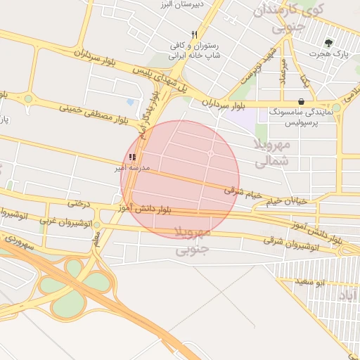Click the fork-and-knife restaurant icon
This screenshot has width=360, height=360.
coord(194,34)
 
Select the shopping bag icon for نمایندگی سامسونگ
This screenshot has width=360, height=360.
coord(301,101)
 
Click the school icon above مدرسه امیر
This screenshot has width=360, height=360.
coord(132,157)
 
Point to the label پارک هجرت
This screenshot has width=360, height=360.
coord(330,53)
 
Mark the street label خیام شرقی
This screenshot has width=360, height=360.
coord(243,192)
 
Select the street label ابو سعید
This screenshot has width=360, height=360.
coord(309,281)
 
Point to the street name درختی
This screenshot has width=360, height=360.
coord(79,204)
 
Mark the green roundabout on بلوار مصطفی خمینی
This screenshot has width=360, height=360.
coord(28,99)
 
